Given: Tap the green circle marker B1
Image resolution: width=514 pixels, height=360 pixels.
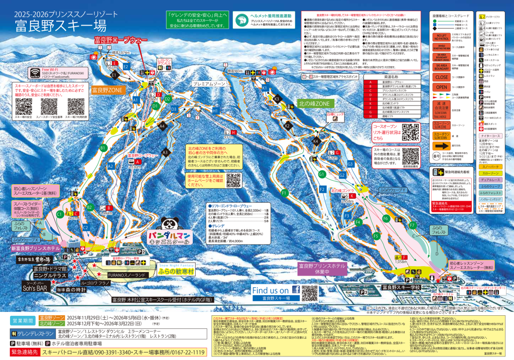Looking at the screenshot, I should click(x=103, y=148).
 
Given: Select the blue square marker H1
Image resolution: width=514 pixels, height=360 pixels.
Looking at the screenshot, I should click(x=215, y=110).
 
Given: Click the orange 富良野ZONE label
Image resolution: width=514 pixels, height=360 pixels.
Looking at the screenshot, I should click(x=107, y=91).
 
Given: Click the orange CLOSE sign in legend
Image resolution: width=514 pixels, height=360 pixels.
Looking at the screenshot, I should click(x=442, y=78).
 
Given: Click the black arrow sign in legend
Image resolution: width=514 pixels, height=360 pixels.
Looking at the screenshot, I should click(x=442, y=146).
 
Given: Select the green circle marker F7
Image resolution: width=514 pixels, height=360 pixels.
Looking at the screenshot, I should click(x=413, y=225).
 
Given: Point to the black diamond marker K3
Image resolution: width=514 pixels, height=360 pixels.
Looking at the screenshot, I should click(x=277, y=99).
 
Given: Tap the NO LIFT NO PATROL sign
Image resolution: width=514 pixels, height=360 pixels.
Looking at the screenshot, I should click(x=442, y=36).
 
